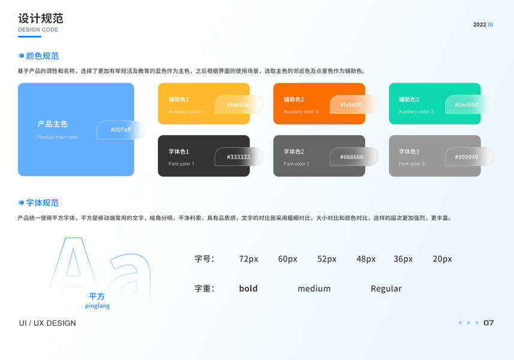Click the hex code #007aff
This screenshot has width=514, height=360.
(121, 130)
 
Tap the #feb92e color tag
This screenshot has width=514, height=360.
(238, 105)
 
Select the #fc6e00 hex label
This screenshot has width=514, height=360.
(351, 105)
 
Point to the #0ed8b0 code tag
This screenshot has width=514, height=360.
(467, 105)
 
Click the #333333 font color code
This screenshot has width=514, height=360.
(238, 157)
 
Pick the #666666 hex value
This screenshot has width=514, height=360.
(352, 157)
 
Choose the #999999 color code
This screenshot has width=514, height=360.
(467, 157)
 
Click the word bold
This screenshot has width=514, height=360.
(248, 289)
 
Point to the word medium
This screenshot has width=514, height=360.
(314, 289)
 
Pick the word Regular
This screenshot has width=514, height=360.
(386, 289)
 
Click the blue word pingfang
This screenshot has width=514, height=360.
(97, 306)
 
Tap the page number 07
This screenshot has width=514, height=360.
(488, 323)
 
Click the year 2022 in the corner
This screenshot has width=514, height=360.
(480, 25)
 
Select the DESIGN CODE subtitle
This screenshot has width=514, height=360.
(38, 30)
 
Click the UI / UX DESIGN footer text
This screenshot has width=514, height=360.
(47, 323)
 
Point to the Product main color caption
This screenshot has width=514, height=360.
(58, 137)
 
